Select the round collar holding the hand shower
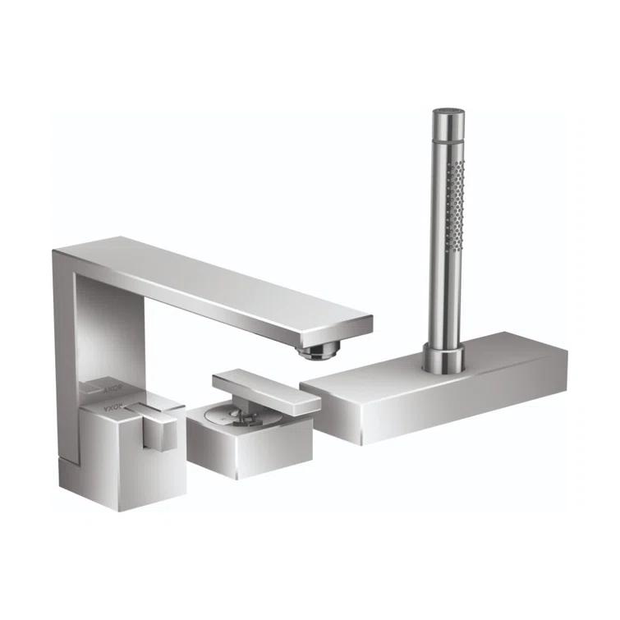point(443,356)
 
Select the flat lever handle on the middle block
point(263,388)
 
